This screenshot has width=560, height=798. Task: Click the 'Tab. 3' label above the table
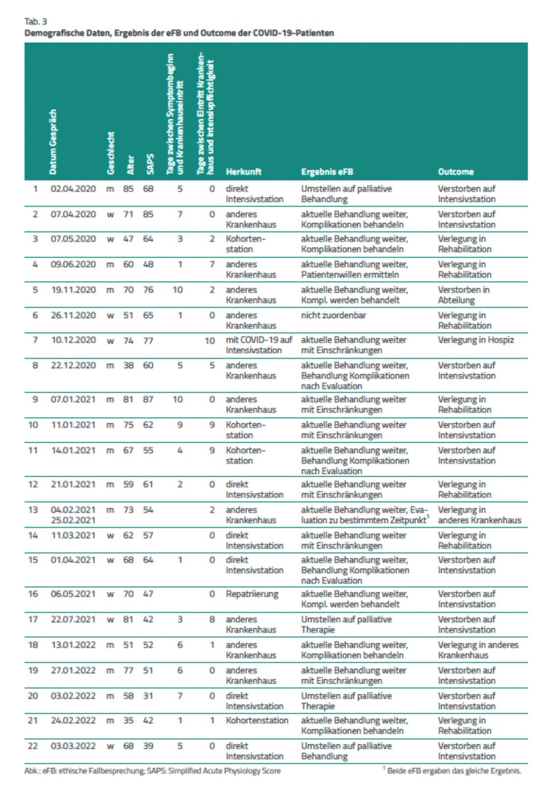35,22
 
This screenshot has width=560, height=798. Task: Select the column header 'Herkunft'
243,172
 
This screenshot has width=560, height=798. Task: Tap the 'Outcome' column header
455,172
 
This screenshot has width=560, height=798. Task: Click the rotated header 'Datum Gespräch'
53,141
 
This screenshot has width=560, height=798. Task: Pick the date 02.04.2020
73,189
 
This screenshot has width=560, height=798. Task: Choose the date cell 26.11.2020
73,315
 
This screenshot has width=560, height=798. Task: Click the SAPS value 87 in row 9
148,400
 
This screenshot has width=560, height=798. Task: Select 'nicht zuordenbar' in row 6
333,315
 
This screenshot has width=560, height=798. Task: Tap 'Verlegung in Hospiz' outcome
476,340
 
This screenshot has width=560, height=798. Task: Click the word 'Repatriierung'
252,594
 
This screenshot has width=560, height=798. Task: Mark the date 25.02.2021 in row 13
73,521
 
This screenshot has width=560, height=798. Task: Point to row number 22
32,746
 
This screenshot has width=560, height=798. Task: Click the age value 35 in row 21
128,720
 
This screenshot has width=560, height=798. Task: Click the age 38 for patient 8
128,365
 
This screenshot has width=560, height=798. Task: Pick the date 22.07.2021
73,620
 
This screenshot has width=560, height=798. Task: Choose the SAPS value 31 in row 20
148,696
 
